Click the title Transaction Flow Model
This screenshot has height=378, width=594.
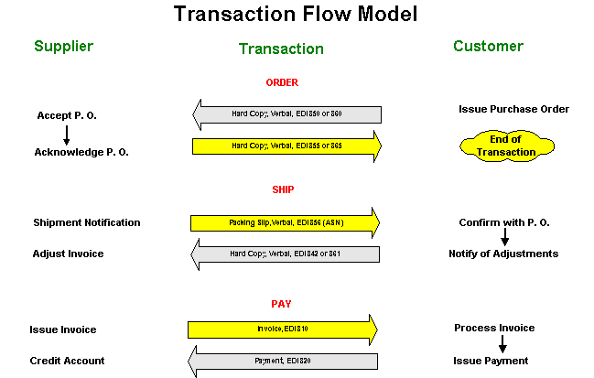[x=296, y=14]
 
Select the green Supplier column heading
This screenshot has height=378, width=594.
[x=63, y=46]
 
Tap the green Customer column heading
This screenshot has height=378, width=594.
[x=488, y=46]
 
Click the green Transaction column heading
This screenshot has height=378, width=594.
[x=281, y=49]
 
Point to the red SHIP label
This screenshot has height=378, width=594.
[x=283, y=190]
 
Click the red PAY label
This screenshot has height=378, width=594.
[x=281, y=304]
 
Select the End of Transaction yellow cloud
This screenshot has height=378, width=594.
[x=506, y=146]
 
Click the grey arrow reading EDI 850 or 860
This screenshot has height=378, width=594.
[x=286, y=114]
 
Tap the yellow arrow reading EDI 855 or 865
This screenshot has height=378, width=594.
[x=286, y=146]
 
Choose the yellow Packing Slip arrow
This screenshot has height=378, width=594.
[x=285, y=222]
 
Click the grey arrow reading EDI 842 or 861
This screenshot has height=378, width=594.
[x=285, y=254]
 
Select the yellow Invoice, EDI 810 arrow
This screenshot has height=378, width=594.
[x=283, y=329]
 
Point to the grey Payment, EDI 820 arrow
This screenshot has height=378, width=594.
[x=283, y=361]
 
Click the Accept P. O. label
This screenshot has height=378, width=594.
[x=67, y=115]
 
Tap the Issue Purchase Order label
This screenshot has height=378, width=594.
[x=513, y=110]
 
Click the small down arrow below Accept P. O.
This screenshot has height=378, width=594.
[x=66, y=135]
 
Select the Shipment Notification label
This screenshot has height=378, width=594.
[x=87, y=222]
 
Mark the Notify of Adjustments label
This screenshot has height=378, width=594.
[x=503, y=254]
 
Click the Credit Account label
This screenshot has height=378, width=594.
[x=67, y=361]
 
